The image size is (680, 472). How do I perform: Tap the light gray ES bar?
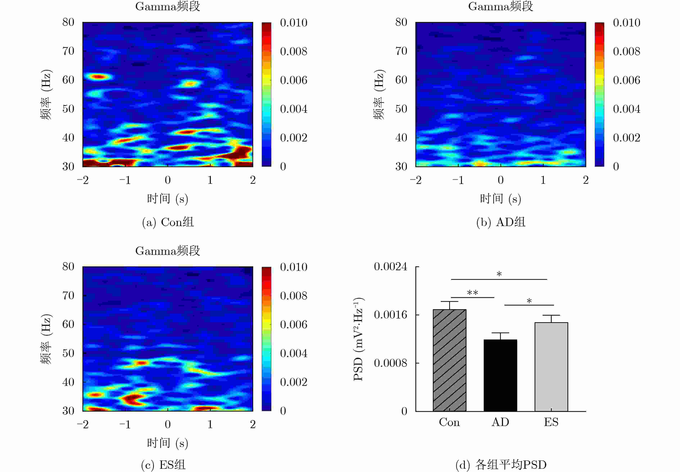551,367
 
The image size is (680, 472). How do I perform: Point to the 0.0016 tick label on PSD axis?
390,315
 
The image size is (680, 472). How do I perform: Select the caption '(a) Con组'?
168,222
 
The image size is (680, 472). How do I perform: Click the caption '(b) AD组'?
501,222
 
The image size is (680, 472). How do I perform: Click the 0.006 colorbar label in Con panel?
294,80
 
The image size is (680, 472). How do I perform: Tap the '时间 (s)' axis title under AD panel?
500,199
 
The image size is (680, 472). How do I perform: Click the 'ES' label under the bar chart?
551,422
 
